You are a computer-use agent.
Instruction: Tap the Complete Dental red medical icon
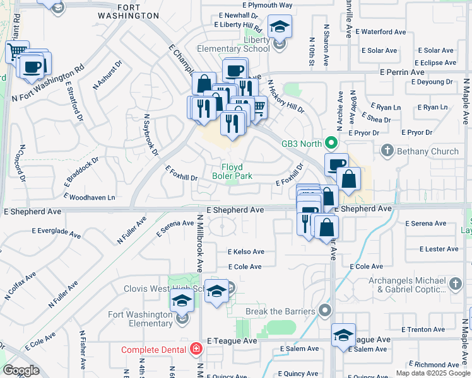pos(196,349)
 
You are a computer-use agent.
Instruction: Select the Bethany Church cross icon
pos(387,151)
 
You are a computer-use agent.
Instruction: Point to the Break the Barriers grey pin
pos(325,311)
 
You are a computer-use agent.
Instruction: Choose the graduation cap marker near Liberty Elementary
pos(278,27)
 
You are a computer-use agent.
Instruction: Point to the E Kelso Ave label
pos(245,252)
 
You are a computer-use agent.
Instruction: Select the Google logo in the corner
pos(21,370)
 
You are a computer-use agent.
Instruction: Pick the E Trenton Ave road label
pos(418,329)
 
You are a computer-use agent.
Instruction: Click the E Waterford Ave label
pos(381,31)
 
